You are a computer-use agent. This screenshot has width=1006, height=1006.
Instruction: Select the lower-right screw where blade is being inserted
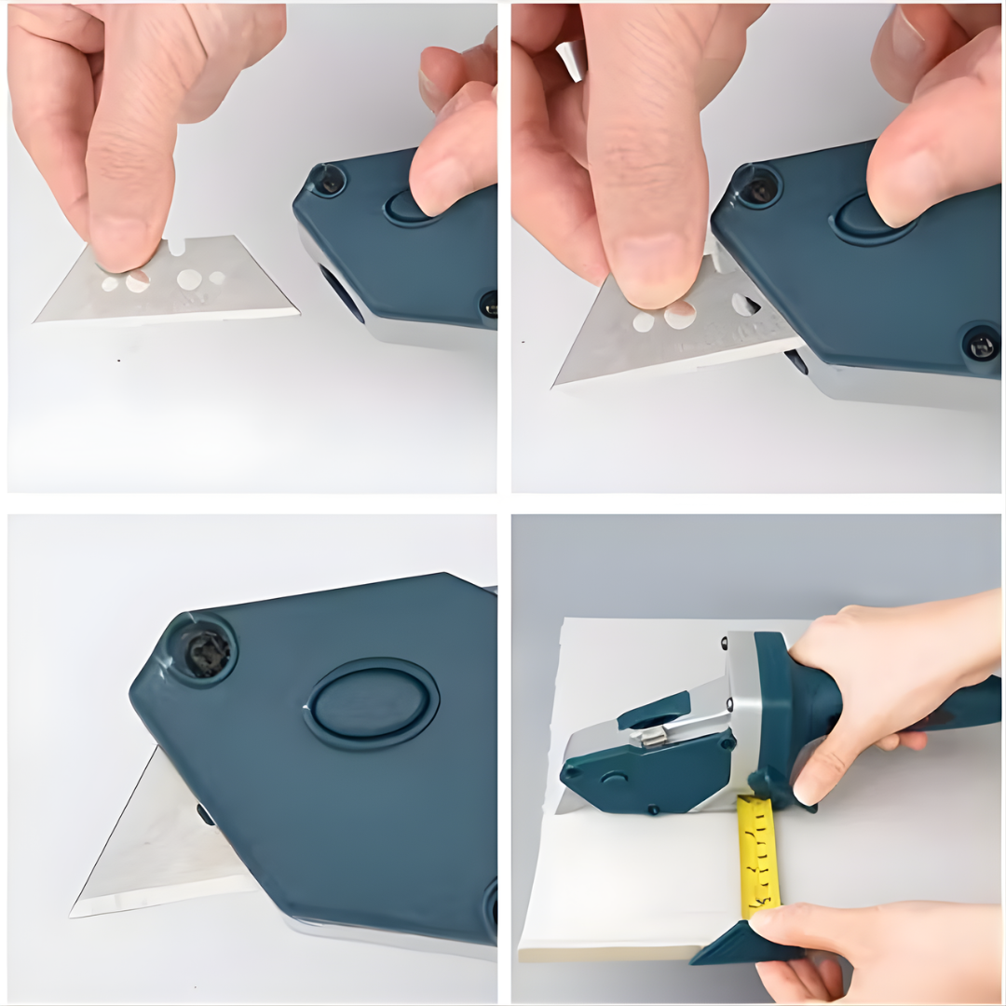982,347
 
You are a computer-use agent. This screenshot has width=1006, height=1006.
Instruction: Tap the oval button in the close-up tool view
372,703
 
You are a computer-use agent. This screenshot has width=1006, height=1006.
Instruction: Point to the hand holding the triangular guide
838,941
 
